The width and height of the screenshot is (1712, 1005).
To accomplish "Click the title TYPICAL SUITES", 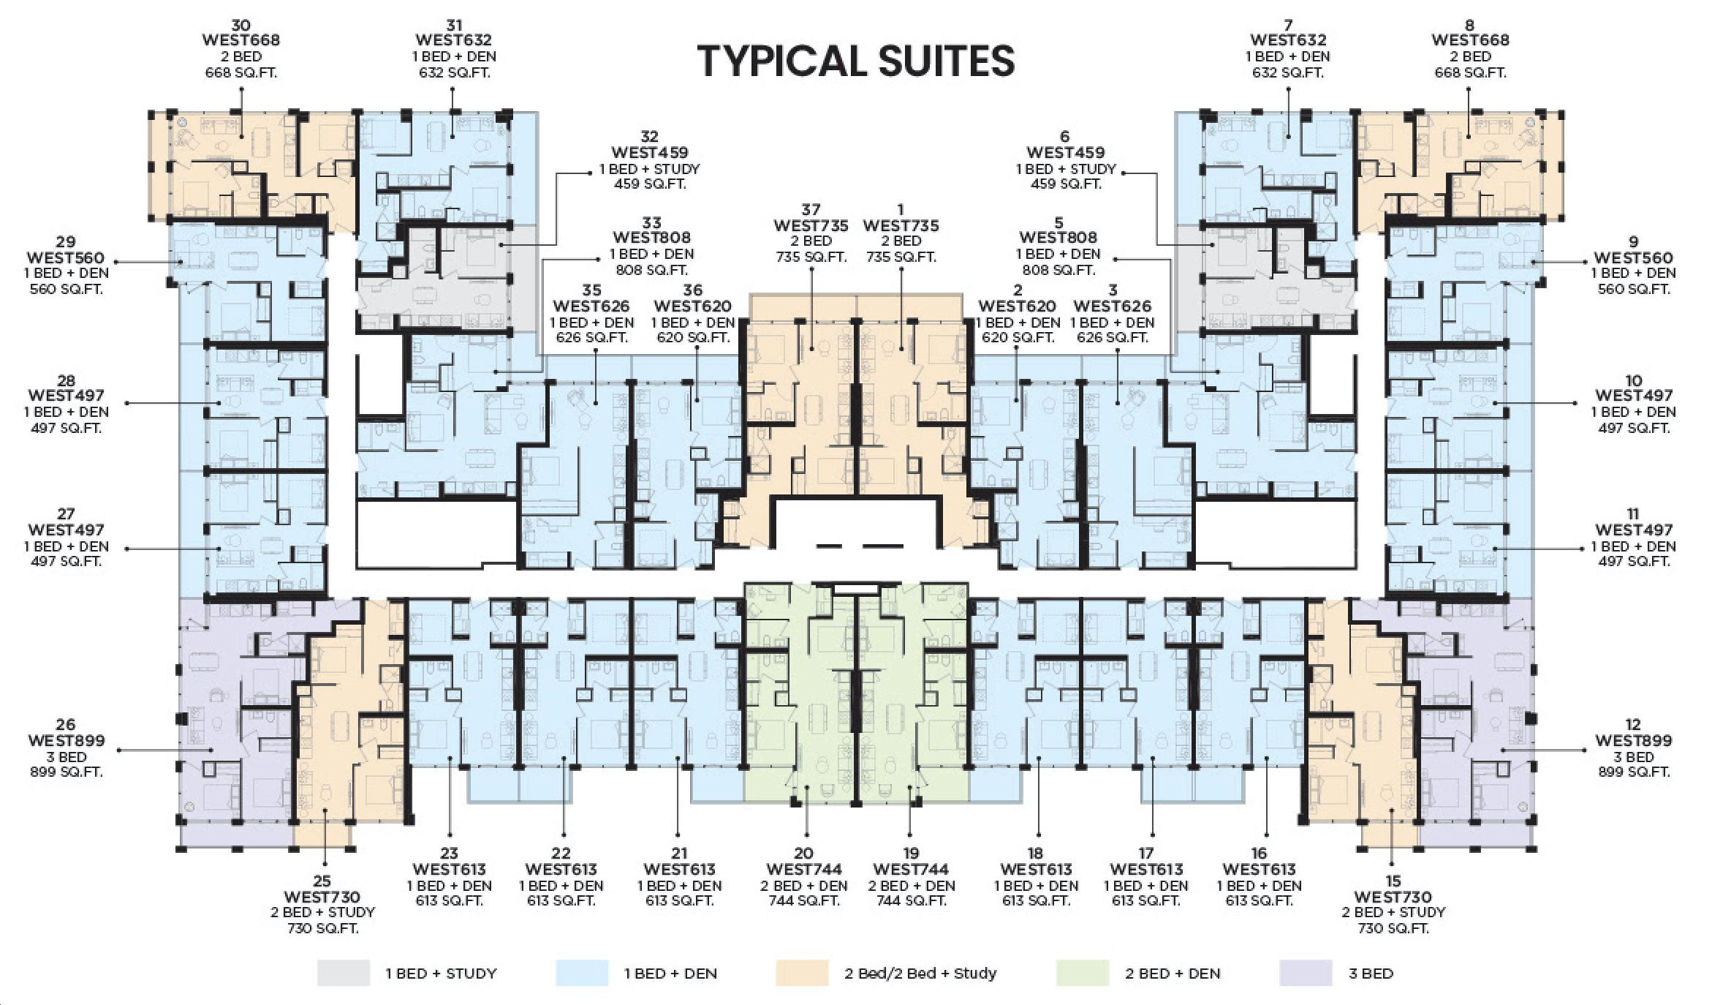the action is tap(856, 61).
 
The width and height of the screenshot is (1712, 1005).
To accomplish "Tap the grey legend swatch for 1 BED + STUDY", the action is tap(343, 974).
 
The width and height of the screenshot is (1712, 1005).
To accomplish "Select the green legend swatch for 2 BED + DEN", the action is tap(1083, 974).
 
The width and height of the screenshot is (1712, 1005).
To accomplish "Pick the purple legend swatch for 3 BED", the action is tap(1306, 974).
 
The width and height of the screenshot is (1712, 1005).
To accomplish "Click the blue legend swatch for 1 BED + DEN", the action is tap(582, 974).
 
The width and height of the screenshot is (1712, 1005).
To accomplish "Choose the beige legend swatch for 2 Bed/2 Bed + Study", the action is tap(802, 974).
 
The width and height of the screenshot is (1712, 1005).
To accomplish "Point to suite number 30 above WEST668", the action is tap(240, 26).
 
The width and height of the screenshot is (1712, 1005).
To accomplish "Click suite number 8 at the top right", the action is tap(1470, 26).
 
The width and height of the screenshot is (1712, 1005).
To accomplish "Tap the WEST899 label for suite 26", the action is tap(66, 740).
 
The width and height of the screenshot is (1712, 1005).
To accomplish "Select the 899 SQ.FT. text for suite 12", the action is tap(1634, 772).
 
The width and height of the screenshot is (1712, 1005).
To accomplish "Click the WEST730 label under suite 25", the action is tap(322, 897).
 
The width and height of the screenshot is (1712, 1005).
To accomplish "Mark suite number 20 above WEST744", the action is tap(803, 853).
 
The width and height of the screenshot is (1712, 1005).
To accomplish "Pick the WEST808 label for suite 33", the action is tap(651, 238).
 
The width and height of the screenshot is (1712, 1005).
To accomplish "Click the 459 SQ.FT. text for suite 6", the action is tap(1065, 184).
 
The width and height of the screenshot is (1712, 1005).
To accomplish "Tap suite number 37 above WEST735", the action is tap(811, 210).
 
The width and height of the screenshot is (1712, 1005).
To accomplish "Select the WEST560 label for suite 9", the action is tap(1633, 257).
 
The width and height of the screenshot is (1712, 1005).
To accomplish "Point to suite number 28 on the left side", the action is tap(66, 380).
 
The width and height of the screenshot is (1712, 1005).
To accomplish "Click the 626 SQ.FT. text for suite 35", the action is tap(591, 338).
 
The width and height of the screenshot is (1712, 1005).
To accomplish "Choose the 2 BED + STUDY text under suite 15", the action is tap(1393, 913).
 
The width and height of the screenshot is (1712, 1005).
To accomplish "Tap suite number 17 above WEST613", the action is tap(1145, 853).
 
